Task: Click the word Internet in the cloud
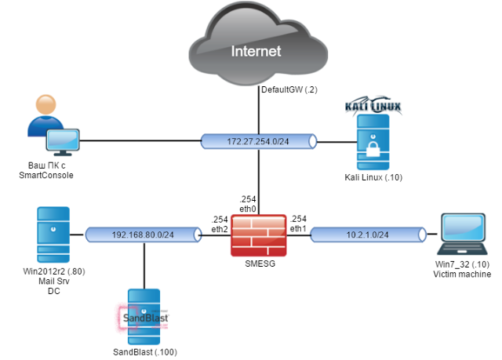[x=256, y=52]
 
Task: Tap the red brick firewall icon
[x=257, y=234]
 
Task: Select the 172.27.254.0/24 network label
[x=256, y=141]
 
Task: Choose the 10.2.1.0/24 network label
[x=367, y=234]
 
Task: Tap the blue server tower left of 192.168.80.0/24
[x=53, y=234]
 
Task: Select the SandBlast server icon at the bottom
[x=144, y=316]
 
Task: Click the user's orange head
[x=45, y=104]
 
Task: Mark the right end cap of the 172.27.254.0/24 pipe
[x=312, y=141]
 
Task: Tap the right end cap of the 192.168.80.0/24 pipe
[x=198, y=234]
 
